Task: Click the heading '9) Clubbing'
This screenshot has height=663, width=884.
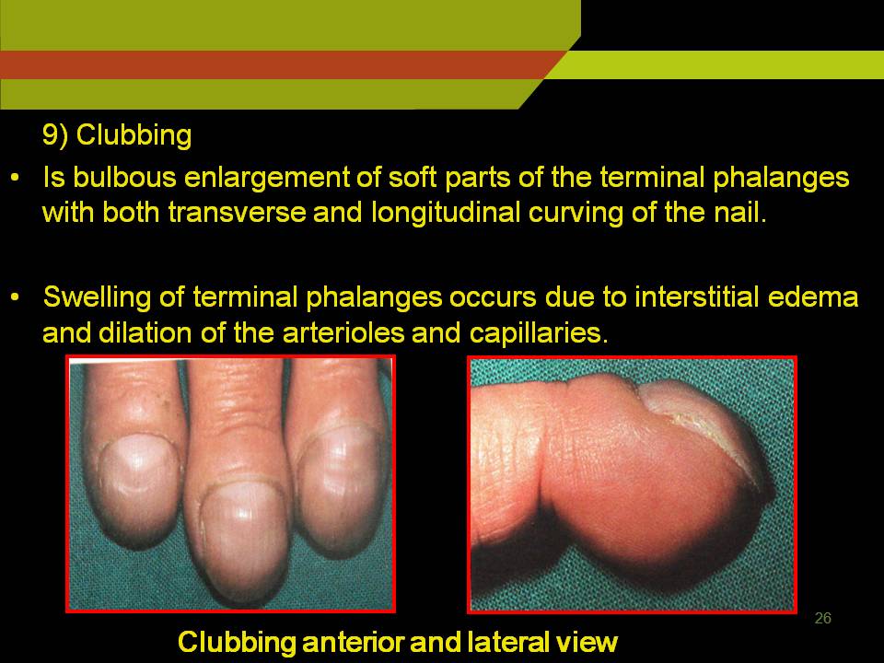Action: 117,136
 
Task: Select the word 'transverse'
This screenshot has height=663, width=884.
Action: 237,213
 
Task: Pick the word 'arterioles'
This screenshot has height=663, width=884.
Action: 343,332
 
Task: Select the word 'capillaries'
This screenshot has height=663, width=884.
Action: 539,333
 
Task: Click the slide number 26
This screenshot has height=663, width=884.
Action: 822,619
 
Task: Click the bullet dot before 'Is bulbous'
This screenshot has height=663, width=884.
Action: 16,178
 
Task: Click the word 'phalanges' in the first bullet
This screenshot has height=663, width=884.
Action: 781,178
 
